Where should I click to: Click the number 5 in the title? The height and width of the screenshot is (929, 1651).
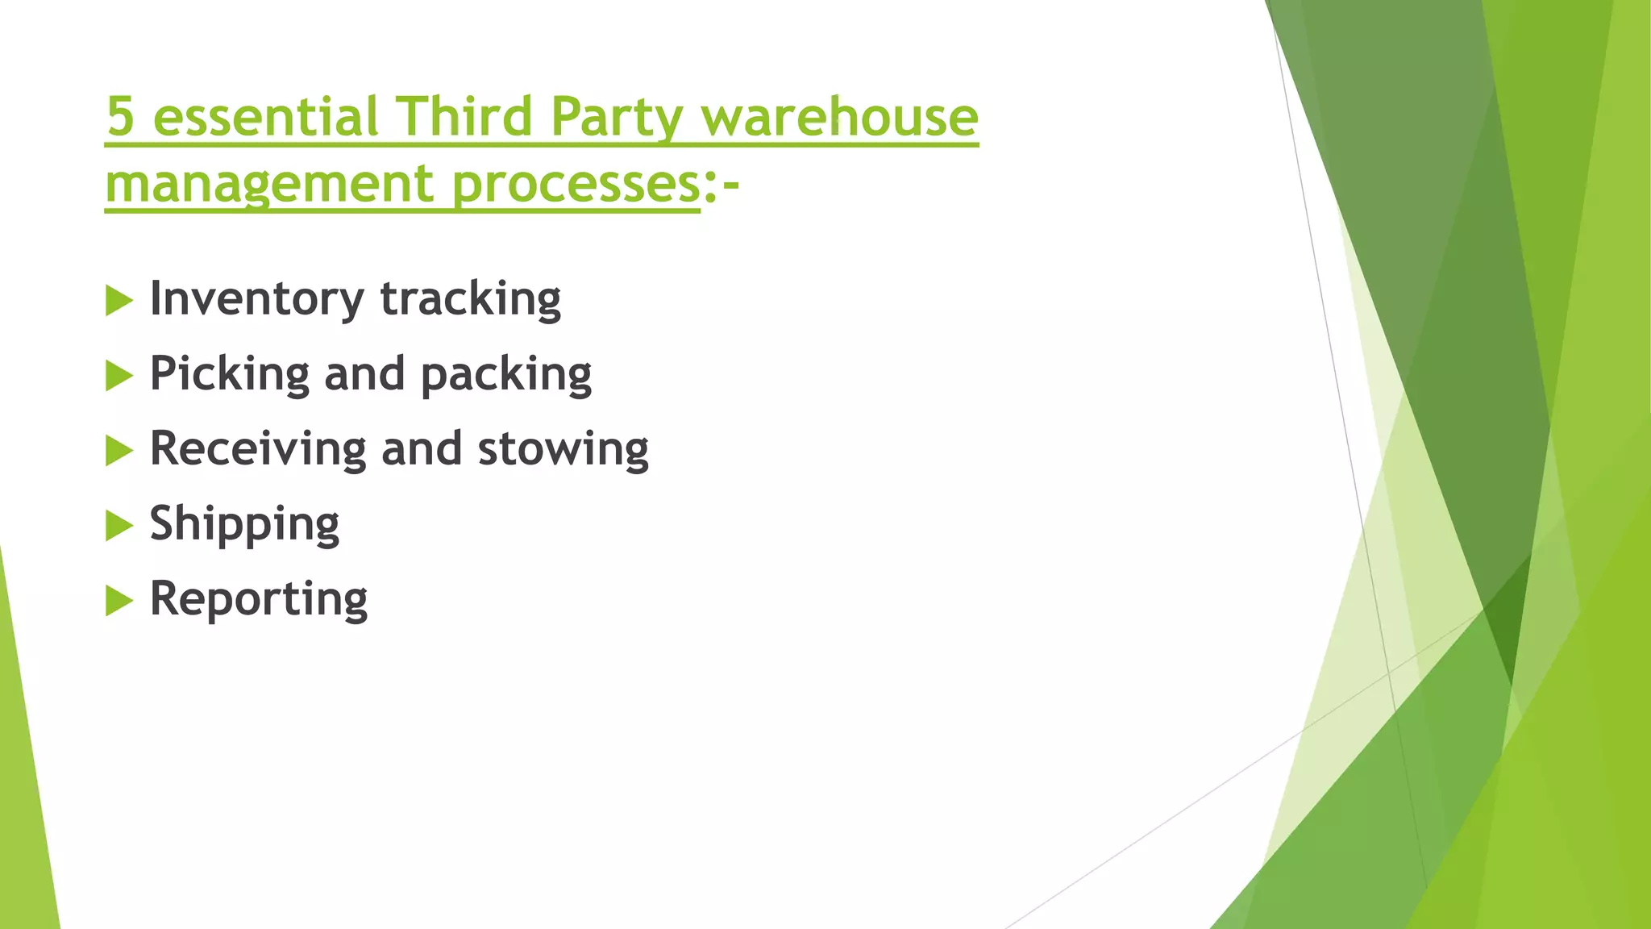tap(120, 117)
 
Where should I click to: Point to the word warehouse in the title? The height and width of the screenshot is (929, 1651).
tap(839, 117)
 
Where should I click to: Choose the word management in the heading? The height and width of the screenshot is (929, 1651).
tap(271, 185)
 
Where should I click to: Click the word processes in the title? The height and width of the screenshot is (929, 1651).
tap(576, 185)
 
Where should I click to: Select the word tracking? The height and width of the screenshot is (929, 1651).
tap(470, 299)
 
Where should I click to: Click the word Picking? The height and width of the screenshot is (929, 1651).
tap(230, 374)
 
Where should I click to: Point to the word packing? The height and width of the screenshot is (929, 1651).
tap(506, 374)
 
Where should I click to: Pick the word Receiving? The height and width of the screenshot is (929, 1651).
tap(258, 449)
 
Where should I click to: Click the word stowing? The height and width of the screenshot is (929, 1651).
tap(563, 449)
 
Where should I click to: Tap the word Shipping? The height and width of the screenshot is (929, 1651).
tap(244, 524)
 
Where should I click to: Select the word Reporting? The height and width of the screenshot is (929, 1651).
tap(259, 599)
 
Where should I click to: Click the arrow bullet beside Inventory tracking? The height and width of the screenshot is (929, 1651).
tap(119, 301)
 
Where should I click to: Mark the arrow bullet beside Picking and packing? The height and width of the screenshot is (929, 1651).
tap(119, 376)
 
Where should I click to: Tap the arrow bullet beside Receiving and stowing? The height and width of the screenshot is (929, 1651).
tap(119, 451)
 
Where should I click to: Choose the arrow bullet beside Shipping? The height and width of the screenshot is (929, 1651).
tap(119, 526)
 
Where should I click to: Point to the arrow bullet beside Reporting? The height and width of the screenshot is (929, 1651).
tap(119, 601)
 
